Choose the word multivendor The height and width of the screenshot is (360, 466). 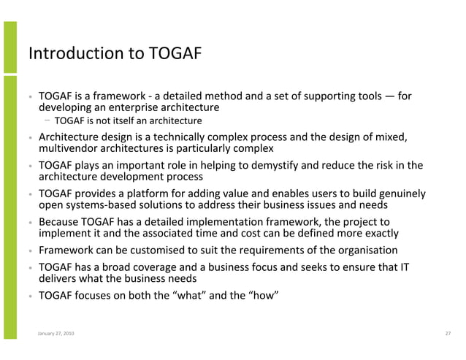click(69, 149)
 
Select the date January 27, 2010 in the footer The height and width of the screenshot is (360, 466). click(56, 334)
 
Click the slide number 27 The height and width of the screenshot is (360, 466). click(448, 334)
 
